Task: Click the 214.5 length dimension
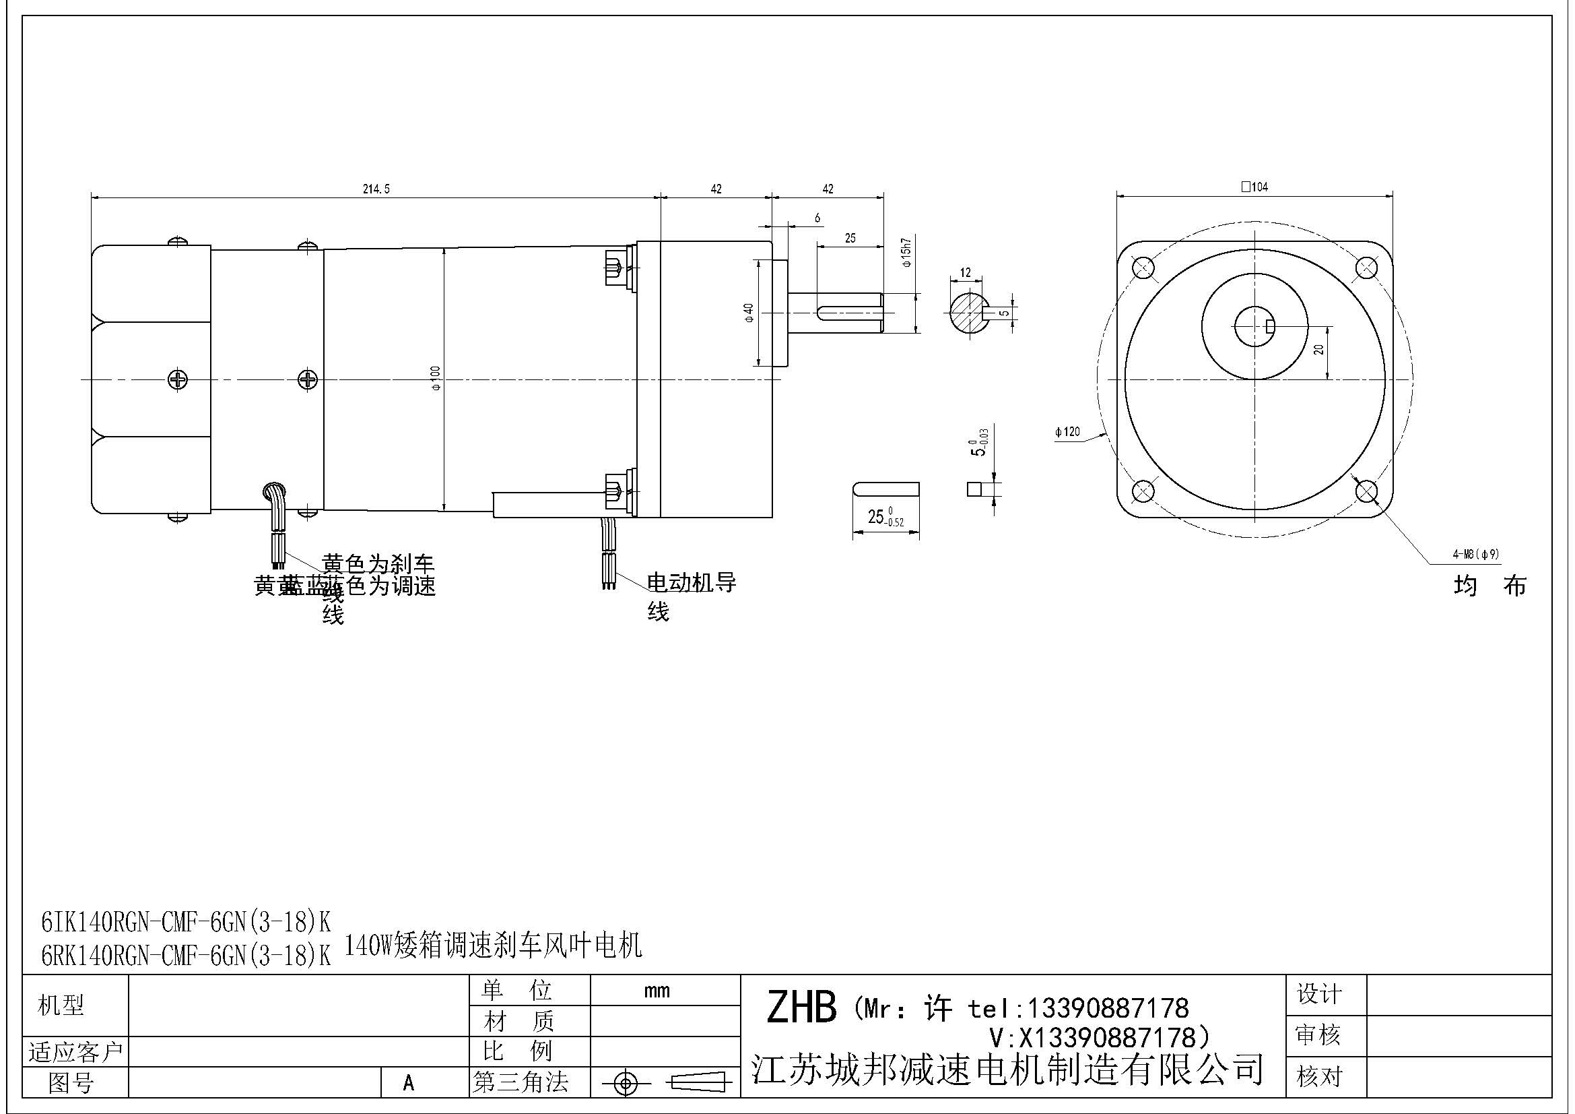pyautogui.click(x=376, y=189)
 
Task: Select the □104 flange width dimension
pyautogui.click(x=1254, y=187)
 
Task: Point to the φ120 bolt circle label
pyautogui.click(x=1067, y=432)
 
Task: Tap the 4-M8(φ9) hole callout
pyautogui.click(x=1475, y=554)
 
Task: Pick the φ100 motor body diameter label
pyautogui.click(x=436, y=379)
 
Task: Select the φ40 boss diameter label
pyautogui.click(x=749, y=312)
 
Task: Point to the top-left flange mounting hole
pyautogui.click(x=1143, y=267)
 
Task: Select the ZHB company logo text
pyautogui.click(x=801, y=1008)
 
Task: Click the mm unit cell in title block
pyautogui.click(x=657, y=991)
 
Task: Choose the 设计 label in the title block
pyautogui.click(x=1318, y=993)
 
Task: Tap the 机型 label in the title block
pyautogui.click(x=61, y=1005)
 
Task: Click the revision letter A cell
pyautogui.click(x=409, y=1082)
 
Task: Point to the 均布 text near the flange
pyautogui.click(x=1489, y=586)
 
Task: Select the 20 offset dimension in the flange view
pyautogui.click(x=1318, y=349)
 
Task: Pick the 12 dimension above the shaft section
pyautogui.click(x=965, y=272)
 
